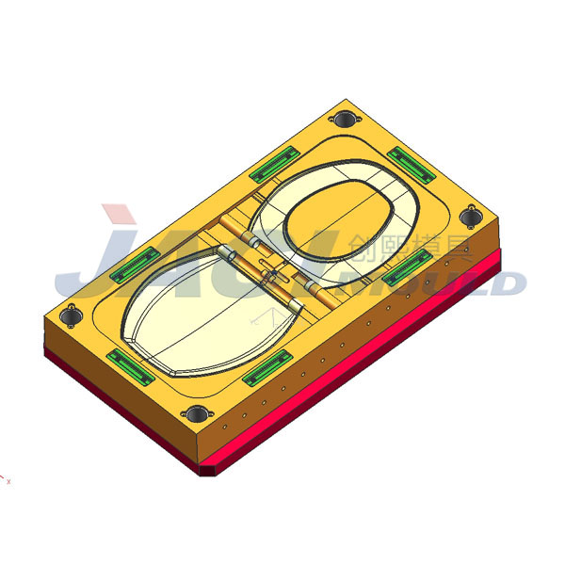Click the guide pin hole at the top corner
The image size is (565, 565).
346,120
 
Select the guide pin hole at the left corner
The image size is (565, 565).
69,315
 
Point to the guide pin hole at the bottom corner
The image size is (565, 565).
196,413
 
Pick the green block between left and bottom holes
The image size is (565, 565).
130,366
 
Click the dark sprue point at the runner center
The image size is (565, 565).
271,275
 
